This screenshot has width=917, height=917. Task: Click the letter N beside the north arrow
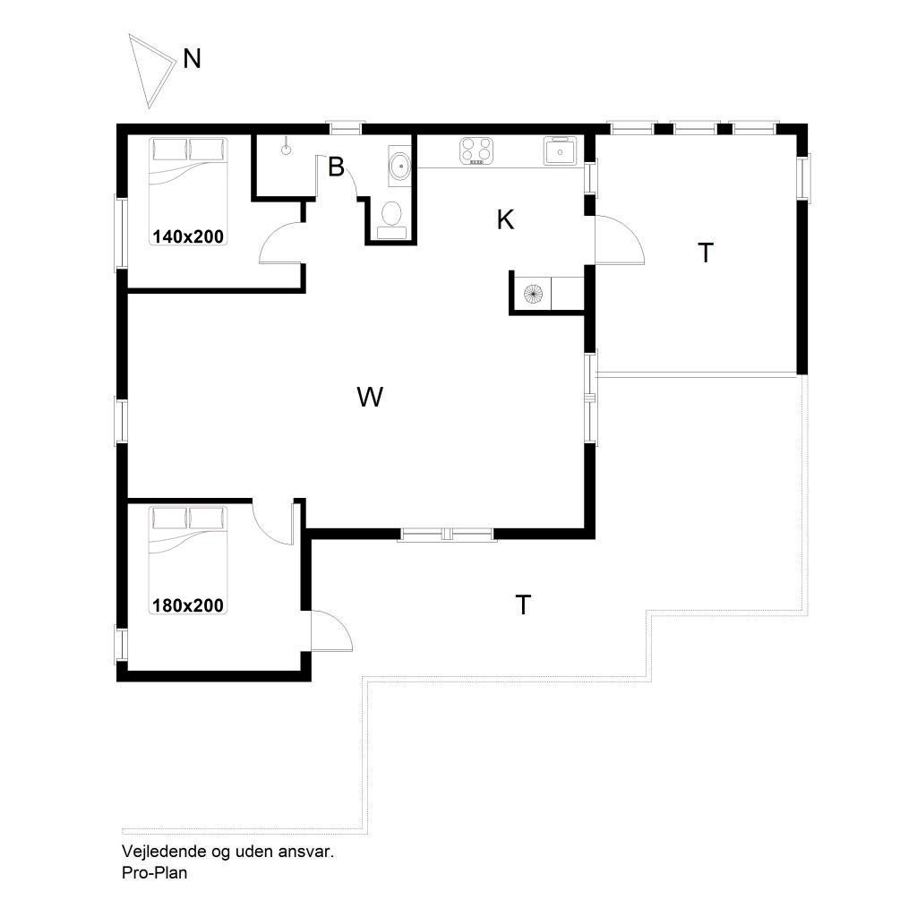point(192,59)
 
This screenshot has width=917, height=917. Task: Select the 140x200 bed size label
point(188,236)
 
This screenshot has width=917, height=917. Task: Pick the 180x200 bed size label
point(188,604)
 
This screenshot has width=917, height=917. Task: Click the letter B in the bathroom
point(336,167)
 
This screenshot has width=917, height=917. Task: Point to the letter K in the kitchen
point(505,220)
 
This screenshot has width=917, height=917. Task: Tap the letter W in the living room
point(370,397)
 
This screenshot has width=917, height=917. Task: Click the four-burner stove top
point(476,150)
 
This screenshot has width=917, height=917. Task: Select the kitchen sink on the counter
point(560,150)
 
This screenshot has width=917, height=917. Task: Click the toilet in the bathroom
point(391,220)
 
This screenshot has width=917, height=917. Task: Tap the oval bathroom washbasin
point(400,166)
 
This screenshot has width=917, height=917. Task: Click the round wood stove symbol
point(533,293)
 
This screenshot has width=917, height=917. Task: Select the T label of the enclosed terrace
point(706,253)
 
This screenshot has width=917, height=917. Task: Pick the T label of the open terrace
point(523,604)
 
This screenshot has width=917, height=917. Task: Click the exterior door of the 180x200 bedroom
point(330,630)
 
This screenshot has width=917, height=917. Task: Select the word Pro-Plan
point(154,872)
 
